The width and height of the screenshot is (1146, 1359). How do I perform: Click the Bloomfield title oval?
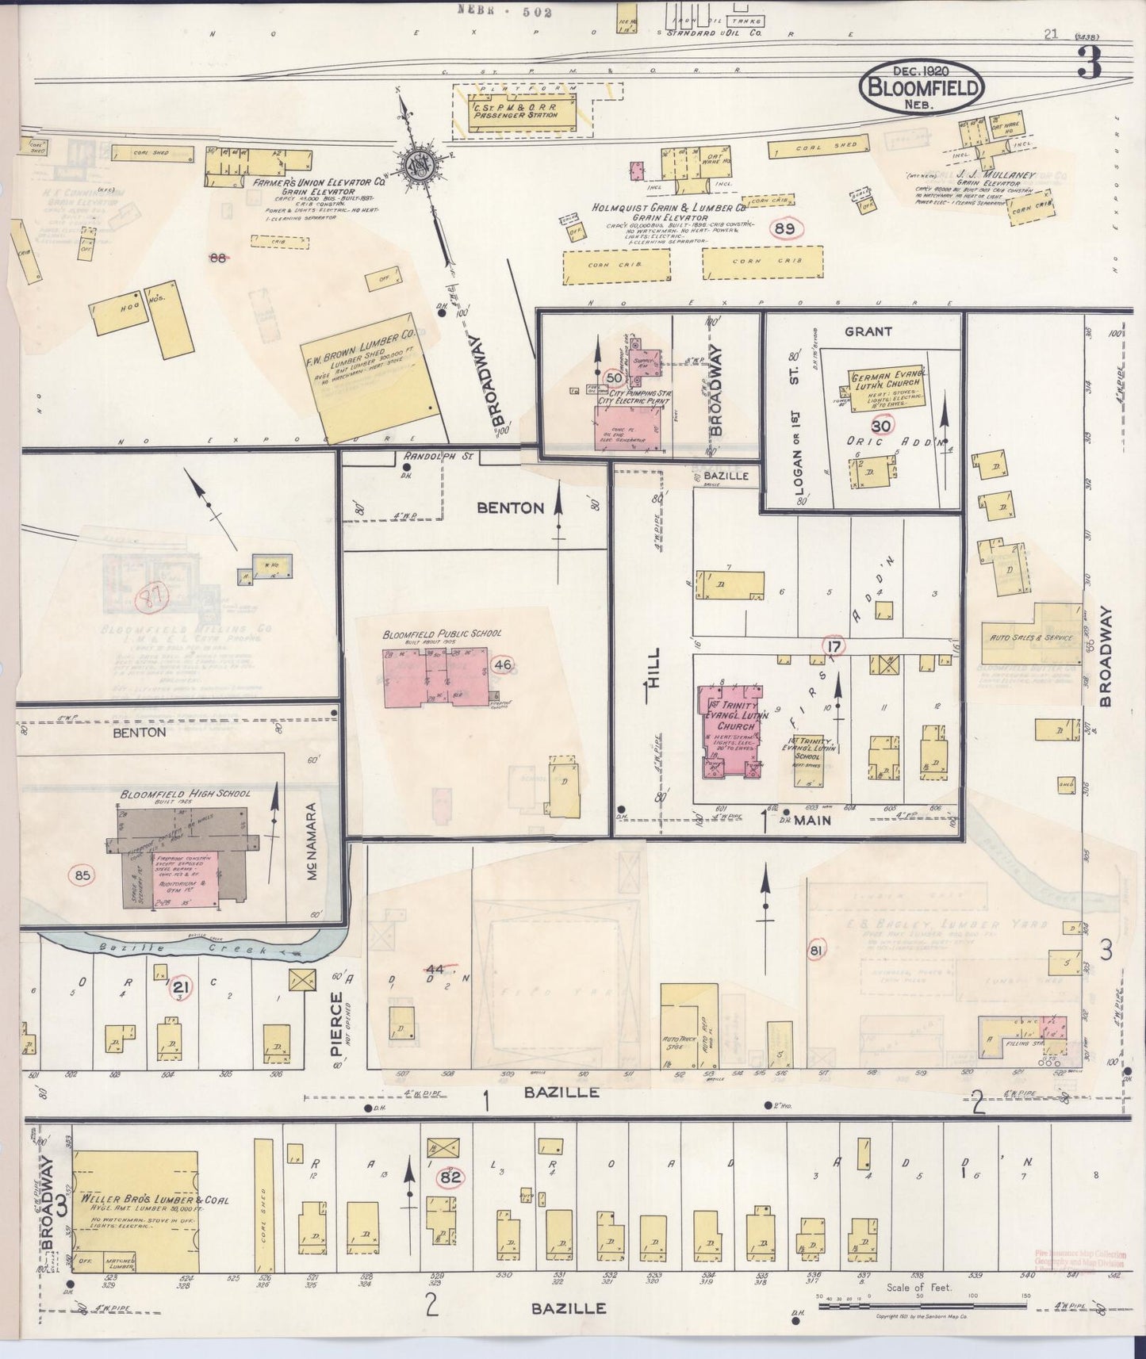pos(921,88)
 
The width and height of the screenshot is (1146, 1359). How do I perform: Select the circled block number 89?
pos(786,228)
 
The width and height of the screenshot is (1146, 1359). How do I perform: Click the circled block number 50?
pos(613,377)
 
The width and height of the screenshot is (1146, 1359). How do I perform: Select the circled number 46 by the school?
pos(502,664)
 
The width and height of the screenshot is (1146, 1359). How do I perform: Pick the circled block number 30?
pos(882,426)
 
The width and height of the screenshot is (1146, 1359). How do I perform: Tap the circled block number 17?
pos(833,647)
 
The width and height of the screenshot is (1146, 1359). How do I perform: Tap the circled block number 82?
pos(451,1178)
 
